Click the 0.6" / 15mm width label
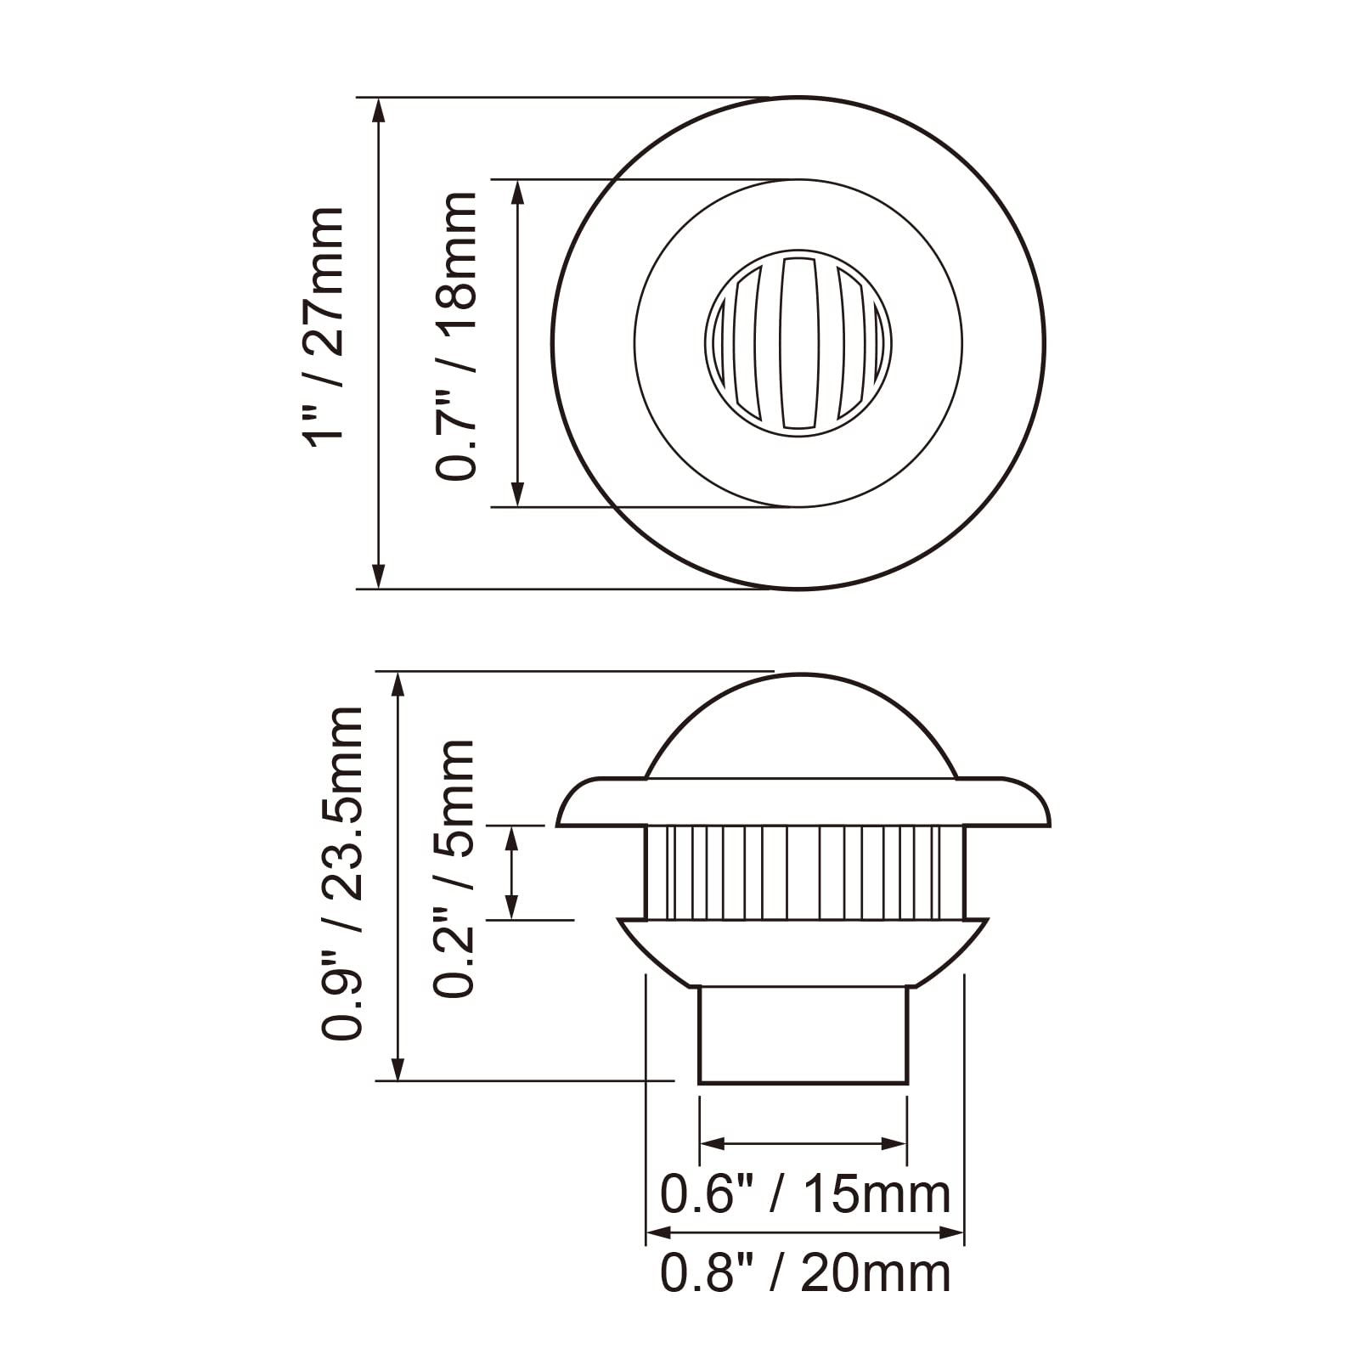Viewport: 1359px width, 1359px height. coord(804,1194)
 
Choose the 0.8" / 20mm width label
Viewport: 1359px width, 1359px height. coord(804,1272)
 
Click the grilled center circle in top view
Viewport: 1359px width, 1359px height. coord(798,343)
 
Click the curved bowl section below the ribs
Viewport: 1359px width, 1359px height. coord(803,951)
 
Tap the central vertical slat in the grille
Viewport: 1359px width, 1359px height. coord(798,343)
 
